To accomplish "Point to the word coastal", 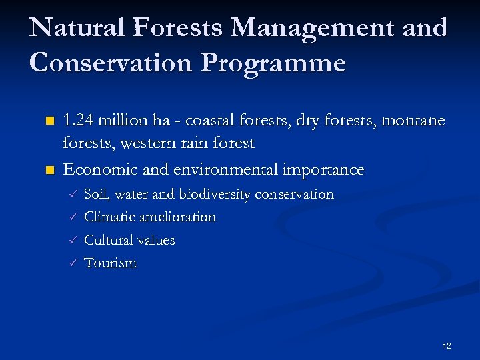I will pyautogui.click(x=209, y=121).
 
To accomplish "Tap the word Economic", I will pyautogui.click(x=99, y=169).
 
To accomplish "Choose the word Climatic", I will pyautogui.click(x=110, y=217).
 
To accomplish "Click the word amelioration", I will pyautogui.click(x=178, y=217).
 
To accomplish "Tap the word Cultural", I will pyautogui.click(x=109, y=240).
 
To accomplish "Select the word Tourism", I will pyautogui.click(x=111, y=263).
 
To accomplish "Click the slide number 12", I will pyautogui.click(x=447, y=345).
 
